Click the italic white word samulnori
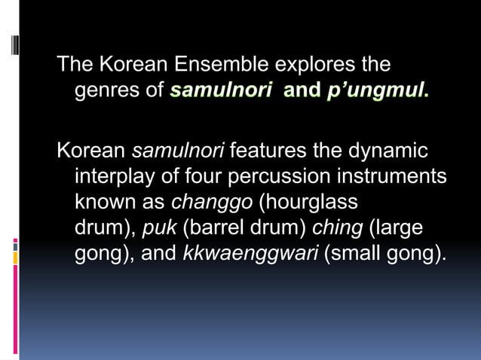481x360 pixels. click(178, 150)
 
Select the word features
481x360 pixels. click(268, 150)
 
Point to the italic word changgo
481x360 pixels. click(212, 203)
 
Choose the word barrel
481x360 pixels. click(218, 228)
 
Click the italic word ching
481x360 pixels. click(337, 228)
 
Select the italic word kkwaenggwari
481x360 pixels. click(250, 254)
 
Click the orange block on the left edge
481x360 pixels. click(15, 258)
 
